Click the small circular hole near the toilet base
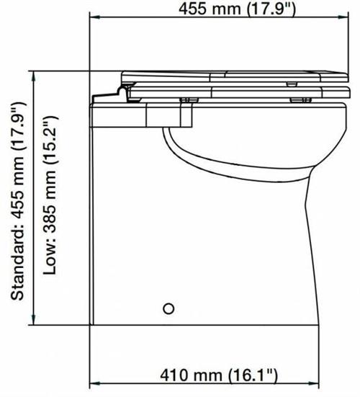coord(169,308)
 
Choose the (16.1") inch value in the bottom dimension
coord(253,376)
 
